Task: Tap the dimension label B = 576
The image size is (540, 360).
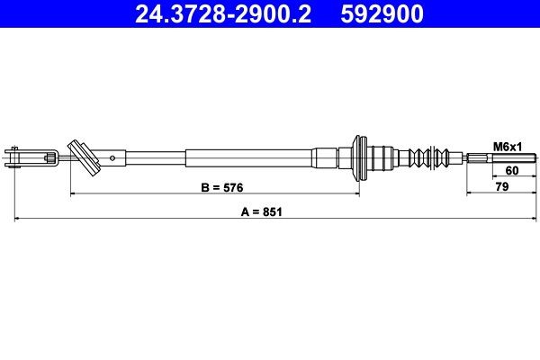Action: (x=220, y=187)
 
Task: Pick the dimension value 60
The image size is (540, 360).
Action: (x=512, y=170)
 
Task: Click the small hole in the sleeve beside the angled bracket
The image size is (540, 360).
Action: (x=112, y=157)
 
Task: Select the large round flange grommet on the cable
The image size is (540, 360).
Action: (x=360, y=158)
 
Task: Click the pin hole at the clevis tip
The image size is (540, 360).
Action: (x=13, y=158)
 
